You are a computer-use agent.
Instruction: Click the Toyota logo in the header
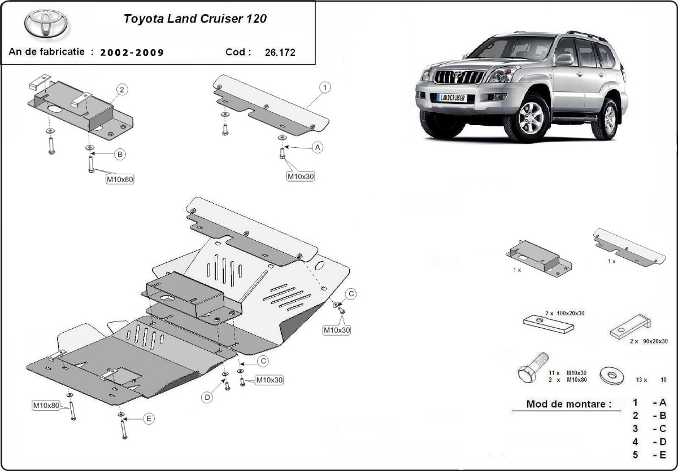pyautogui.click(x=45, y=24)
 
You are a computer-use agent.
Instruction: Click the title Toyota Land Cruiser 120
pyautogui.click(x=195, y=18)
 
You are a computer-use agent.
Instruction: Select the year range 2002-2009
pyautogui.click(x=132, y=53)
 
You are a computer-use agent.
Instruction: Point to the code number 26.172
pyautogui.click(x=280, y=53)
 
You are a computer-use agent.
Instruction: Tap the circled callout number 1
pyautogui.click(x=325, y=87)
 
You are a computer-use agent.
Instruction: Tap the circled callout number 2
pyautogui.click(x=121, y=89)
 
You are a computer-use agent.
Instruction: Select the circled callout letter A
pyautogui.click(x=318, y=147)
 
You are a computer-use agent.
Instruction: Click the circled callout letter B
pyautogui.click(x=120, y=154)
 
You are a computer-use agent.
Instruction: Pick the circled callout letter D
pyautogui.click(x=207, y=398)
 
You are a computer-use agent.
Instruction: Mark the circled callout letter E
pyautogui.click(x=149, y=419)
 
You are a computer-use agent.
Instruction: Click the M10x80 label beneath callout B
pyautogui.click(x=120, y=179)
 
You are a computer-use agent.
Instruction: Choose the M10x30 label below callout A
pyautogui.click(x=301, y=176)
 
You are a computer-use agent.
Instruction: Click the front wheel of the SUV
pyautogui.click(x=530, y=119)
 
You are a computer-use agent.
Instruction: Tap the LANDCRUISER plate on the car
pyautogui.click(x=451, y=98)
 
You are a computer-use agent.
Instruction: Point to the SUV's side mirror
pyautogui.click(x=564, y=59)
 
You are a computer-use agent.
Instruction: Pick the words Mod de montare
pyautogui.click(x=568, y=404)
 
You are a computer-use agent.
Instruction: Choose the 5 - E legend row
pyautogui.click(x=649, y=455)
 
